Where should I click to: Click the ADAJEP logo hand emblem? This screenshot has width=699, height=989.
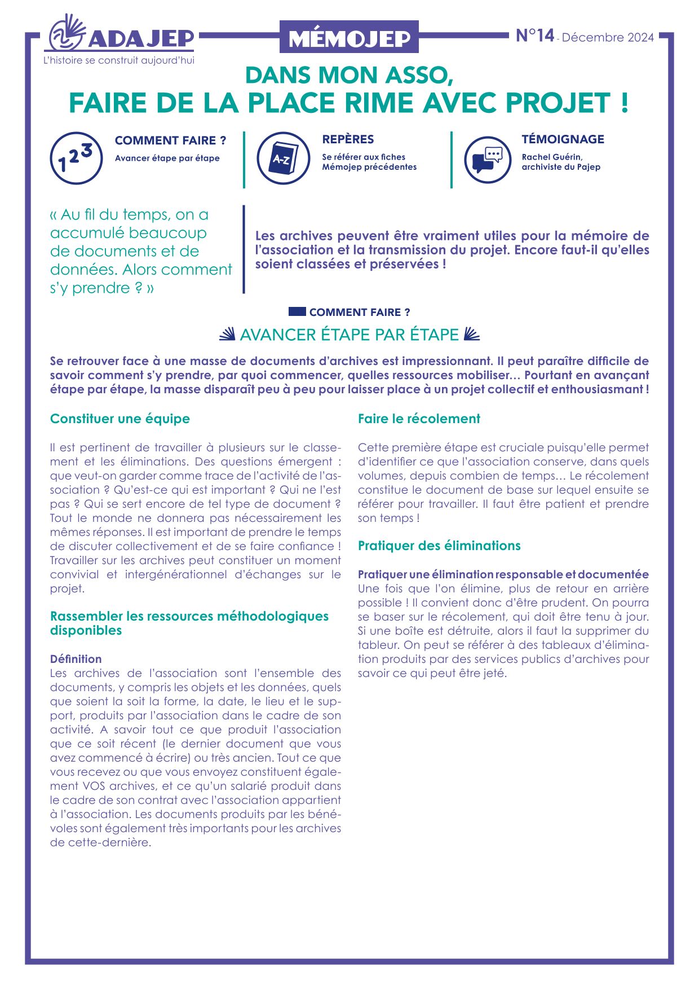click(66, 34)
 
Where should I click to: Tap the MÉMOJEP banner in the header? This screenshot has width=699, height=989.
click(349, 38)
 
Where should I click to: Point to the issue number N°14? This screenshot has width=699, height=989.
click(535, 36)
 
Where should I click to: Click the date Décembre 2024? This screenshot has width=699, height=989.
click(608, 38)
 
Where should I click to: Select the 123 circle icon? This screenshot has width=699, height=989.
click(76, 158)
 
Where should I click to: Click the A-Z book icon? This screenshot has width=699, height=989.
click(283, 158)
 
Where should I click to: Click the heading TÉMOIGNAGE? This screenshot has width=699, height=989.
click(563, 139)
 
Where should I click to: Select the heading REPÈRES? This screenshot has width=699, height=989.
click(348, 139)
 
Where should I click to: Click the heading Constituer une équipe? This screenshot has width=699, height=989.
click(120, 419)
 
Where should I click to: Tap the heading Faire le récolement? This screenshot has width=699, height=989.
click(419, 419)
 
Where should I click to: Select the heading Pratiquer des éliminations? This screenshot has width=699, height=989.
click(439, 546)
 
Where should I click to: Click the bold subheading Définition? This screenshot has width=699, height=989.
click(76, 659)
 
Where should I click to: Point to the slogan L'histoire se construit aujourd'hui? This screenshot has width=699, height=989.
click(119, 60)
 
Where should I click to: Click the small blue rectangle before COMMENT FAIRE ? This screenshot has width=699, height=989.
click(297, 311)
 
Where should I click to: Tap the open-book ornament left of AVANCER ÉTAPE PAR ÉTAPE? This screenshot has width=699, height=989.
click(227, 335)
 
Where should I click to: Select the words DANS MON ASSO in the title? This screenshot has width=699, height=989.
click(349, 76)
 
